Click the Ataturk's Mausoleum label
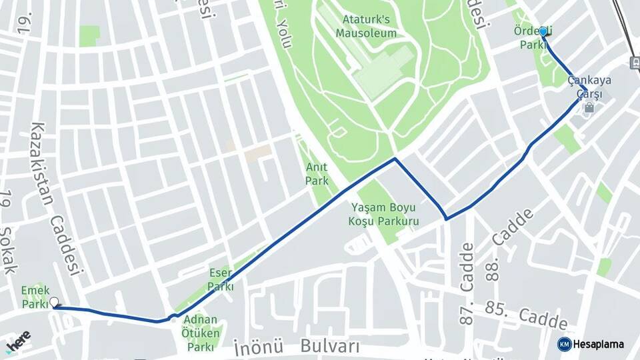click(366, 27)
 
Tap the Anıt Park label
click(317, 173)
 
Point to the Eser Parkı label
click(221, 279)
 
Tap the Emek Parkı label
click(35, 297)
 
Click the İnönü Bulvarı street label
click(297, 347)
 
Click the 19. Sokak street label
click(7, 233)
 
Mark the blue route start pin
click(543, 33)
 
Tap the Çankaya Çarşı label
click(585, 87)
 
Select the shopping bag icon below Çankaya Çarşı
click(589, 107)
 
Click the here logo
click(17, 341)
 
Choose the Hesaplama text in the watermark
click(599, 344)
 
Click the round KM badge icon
click(564, 344)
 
